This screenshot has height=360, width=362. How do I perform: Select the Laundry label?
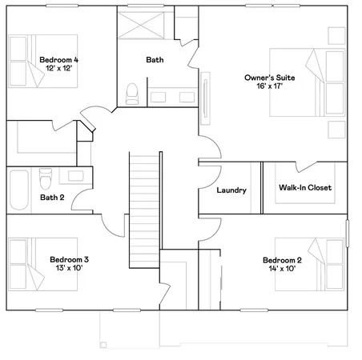231,190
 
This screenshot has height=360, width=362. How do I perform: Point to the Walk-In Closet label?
305,188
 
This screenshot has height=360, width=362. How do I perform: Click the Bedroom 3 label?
69,259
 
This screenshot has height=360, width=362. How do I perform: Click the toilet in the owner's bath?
133,94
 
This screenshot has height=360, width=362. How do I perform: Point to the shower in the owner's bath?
145,24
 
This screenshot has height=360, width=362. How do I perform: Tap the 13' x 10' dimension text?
69,270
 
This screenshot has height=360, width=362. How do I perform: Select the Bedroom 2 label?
282,260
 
